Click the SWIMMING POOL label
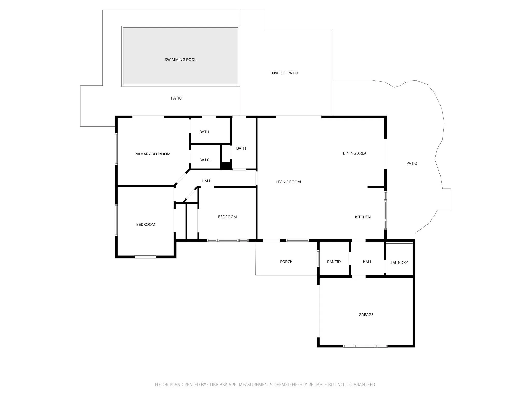tap(180, 60)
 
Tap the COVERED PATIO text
tap(284, 73)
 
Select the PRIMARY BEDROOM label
tap(152, 154)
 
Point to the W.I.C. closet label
tap(205, 160)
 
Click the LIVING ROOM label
tap(288, 182)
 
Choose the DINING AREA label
tap(354, 153)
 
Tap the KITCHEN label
tap(363, 217)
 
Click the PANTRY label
tap(334, 262)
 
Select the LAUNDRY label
tap(399, 262)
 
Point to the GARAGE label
tap(366, 315)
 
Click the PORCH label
tap(286, 262)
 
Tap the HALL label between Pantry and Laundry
tap(367, 262)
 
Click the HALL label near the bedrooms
tap(206, 181)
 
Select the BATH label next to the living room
tap(241, 148)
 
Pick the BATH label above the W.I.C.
tap(204, 132)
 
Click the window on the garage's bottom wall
tap(365, 346)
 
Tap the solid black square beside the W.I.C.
tap(226, 166)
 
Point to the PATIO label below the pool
tap(176, 98)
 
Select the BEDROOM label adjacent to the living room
tap(227, 217)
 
